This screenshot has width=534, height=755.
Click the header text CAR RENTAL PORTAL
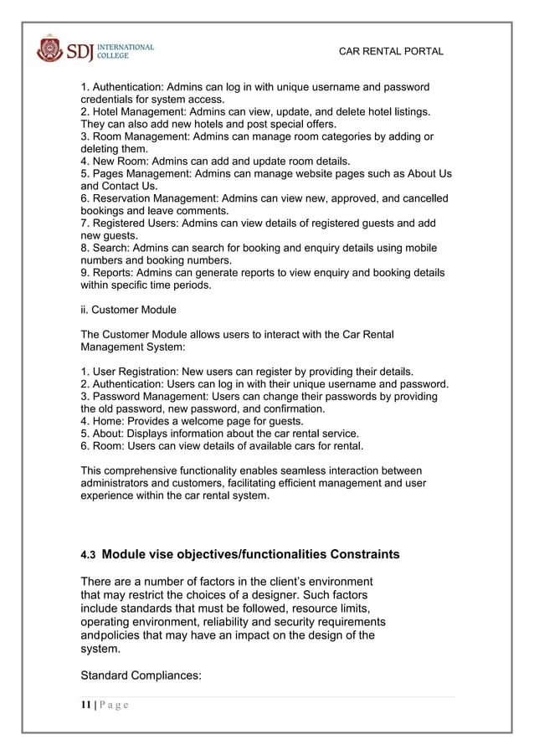click(x=390, y=52)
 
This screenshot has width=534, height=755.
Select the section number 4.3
click(x=87, y=555)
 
